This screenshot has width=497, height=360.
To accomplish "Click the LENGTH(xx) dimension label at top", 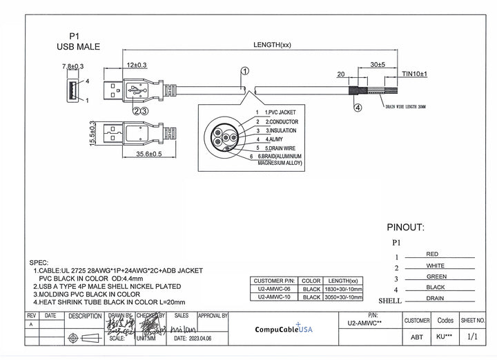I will click(x=272, y=45).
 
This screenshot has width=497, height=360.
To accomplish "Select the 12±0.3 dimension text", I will click(x=136, y=65).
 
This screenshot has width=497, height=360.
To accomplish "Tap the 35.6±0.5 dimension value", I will click(x=148, y=154).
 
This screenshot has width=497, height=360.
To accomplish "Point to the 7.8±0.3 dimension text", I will click(x=72, y=66).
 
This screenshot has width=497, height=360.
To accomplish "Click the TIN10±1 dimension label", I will click(x=415, y=73).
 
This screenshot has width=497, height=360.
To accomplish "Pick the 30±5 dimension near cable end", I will click(x=378, y=64).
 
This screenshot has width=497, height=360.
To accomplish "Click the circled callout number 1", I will click(x=245, y=71).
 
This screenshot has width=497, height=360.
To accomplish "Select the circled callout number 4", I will click(x=358, y=107).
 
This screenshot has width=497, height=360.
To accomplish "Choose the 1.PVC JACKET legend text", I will click(x=280, y=112).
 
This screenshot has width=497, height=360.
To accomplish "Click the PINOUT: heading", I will click(x=405, y=227).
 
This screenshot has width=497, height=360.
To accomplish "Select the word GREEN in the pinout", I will click(x=436, y=277).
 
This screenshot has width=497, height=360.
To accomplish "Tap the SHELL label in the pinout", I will click(x=390, y=301).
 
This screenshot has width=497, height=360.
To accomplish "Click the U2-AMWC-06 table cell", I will click(x=274, y=290).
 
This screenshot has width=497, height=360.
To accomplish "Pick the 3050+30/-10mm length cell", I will click(x=343, y=297).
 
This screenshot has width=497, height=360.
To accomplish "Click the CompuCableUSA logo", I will click(x=284, y=329).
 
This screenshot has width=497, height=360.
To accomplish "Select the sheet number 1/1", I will click(x=473, y=337).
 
